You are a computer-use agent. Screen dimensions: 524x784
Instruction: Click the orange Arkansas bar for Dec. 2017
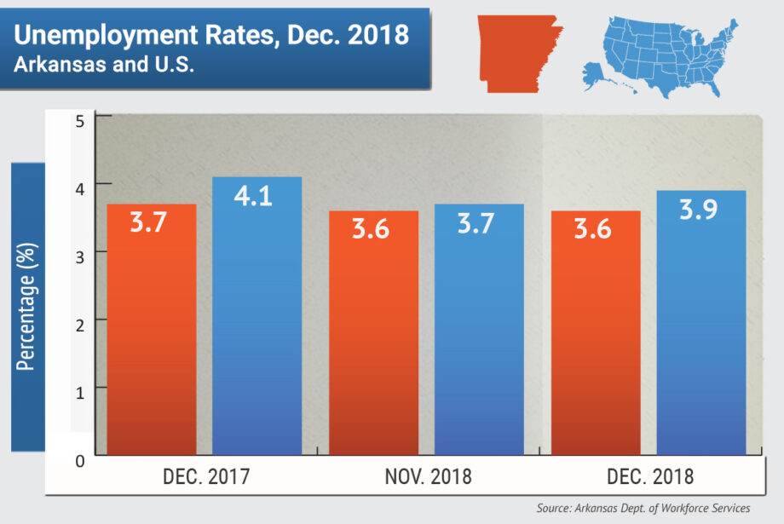151,332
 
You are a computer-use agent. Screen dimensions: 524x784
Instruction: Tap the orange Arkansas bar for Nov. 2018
373,337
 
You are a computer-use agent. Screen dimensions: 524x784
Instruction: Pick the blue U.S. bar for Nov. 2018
479,332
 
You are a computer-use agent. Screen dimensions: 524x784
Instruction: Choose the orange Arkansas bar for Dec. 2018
596,337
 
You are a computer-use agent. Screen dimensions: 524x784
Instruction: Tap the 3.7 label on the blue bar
478,224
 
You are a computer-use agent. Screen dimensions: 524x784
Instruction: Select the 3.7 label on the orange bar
151,224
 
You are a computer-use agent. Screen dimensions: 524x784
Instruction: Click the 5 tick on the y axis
80,120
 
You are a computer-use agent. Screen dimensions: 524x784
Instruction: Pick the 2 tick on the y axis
80,320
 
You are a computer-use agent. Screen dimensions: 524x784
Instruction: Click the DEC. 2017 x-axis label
206,476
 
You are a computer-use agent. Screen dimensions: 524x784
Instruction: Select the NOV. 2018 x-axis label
429,476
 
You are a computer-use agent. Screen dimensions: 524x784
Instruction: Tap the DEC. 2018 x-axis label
651,476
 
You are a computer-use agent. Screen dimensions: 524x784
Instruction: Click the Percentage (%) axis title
26,307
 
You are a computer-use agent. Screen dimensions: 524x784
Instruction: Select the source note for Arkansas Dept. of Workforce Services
643,508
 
